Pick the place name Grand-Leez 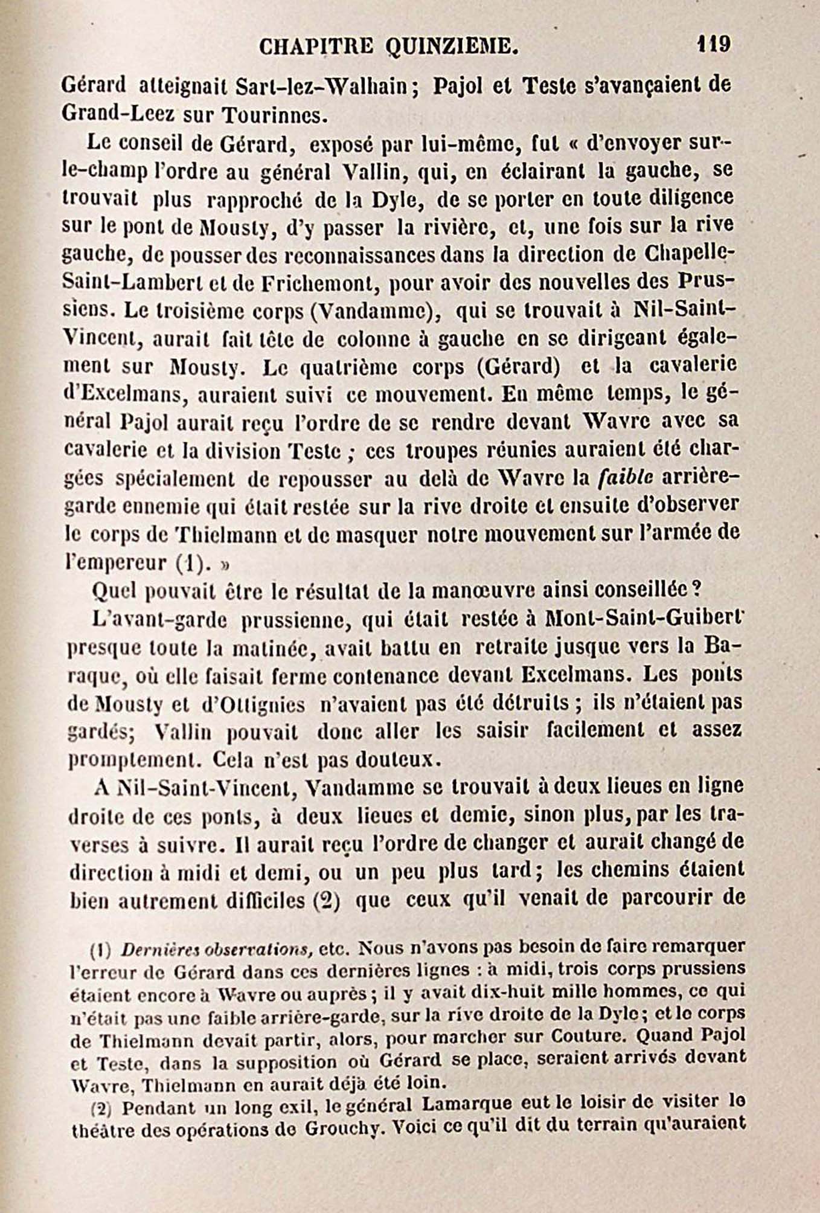point(116,114)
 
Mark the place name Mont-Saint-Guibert point(642,619)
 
